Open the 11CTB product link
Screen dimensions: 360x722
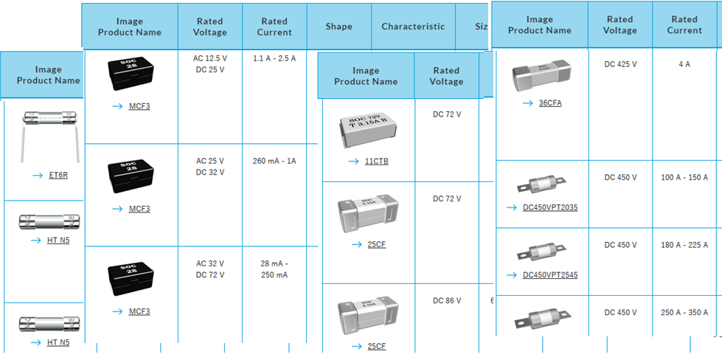376,161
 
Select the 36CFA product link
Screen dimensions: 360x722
549,103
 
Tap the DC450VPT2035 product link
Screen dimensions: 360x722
550,207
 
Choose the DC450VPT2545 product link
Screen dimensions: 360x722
550,275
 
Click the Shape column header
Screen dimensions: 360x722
339,26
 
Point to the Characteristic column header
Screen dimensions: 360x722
413,26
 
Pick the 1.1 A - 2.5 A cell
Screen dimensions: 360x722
274,58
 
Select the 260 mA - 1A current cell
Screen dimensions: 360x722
274,160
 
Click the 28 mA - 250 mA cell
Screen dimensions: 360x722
274,269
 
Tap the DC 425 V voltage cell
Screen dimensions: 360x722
620,64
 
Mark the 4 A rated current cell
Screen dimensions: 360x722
684,64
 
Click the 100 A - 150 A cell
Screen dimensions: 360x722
684,178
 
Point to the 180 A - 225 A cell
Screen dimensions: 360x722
684,245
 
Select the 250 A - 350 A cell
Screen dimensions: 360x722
684,313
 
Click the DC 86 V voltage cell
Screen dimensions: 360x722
447,300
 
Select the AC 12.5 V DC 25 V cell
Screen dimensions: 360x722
210,63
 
